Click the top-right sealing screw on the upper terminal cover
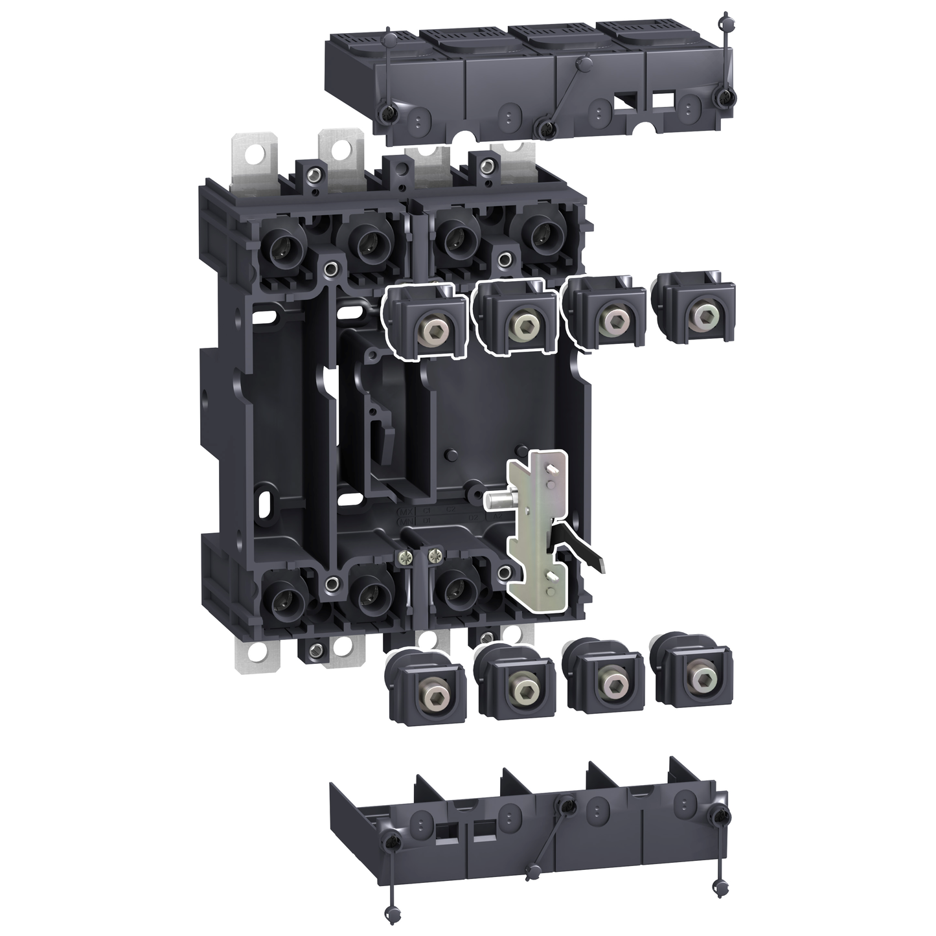[x=723, y=97]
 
